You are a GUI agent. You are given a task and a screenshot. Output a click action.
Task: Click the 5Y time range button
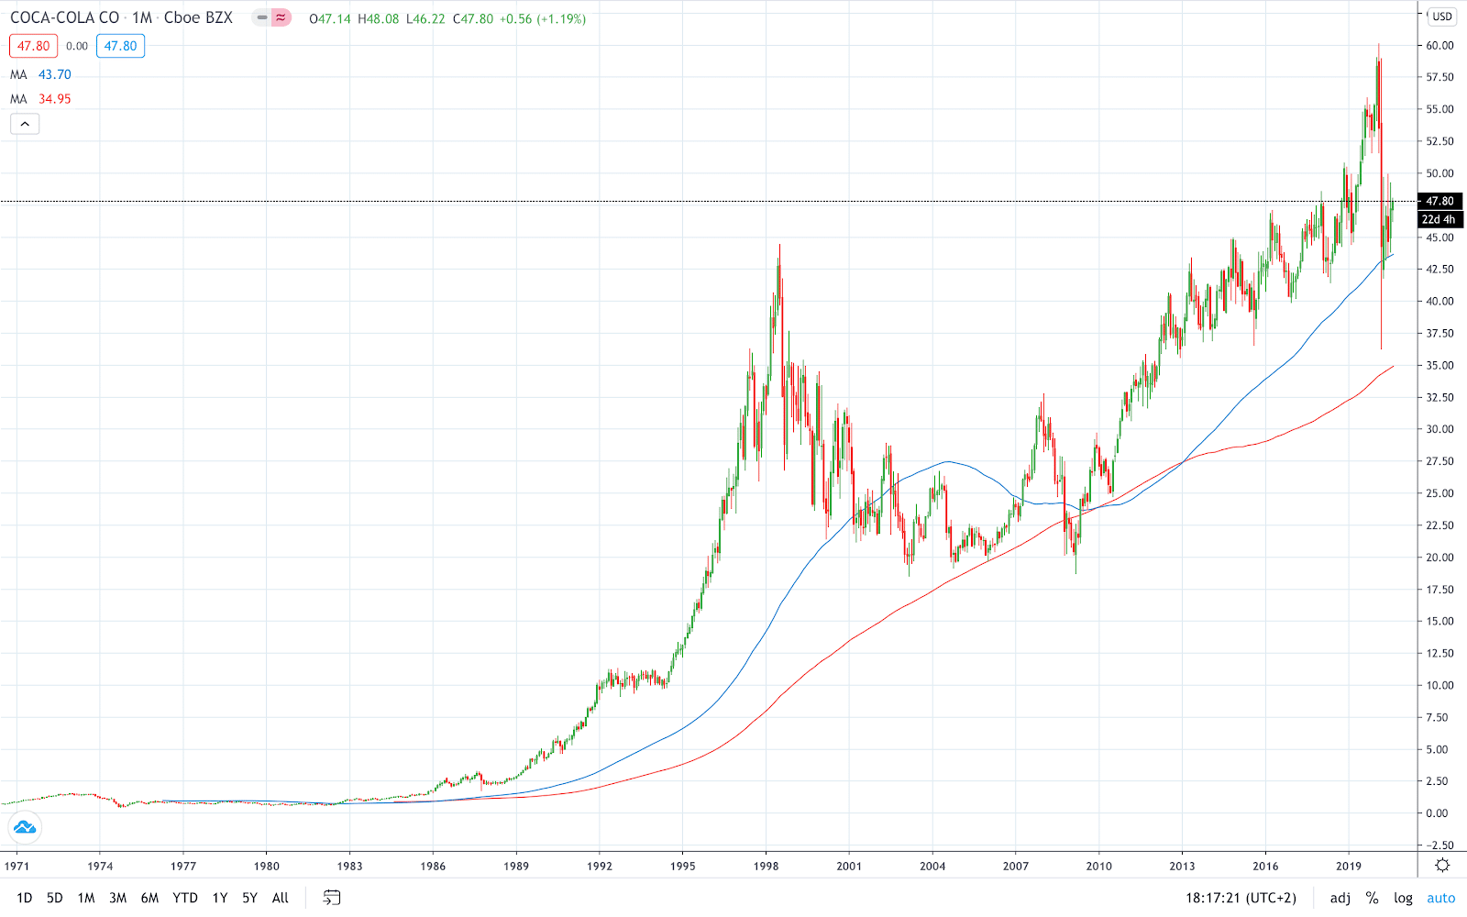pos(249,898)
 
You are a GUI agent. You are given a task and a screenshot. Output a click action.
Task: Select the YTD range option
pos(185,898)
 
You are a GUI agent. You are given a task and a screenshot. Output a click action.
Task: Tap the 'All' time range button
pos(281,898)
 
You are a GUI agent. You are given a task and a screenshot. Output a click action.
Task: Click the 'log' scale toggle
pos(1403,898)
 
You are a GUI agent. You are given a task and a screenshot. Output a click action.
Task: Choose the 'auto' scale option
pos(1440,898)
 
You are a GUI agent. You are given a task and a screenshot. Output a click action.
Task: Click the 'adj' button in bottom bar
pos(1340,898)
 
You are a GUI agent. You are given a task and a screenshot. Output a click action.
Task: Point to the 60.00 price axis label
pos(1439,45)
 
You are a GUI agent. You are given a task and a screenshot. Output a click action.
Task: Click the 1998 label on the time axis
pos(766,866)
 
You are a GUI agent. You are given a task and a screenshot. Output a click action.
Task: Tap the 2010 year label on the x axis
pos(1098,866)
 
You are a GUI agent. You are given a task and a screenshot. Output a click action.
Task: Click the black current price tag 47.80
pos(1439,201)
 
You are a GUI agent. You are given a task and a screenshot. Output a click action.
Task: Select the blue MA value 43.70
pos(54,74)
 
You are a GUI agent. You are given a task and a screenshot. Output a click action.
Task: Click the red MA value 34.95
pos(54,99)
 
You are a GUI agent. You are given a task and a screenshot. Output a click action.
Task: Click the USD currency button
pos(1442,17)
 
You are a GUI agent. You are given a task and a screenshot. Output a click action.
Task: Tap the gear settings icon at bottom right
pos(1442,866)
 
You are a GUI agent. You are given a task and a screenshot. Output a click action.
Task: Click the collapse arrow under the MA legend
pos(25,124)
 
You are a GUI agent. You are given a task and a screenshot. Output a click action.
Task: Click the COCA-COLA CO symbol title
pos(65,17)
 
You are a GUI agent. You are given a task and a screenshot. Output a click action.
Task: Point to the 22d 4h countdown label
pos(1439,219)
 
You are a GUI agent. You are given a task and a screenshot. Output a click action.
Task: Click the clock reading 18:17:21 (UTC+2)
pos(1241,898)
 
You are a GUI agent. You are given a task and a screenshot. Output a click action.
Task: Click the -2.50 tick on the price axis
pos(1438,845)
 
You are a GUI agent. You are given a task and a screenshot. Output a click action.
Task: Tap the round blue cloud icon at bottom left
pos(25,827)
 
